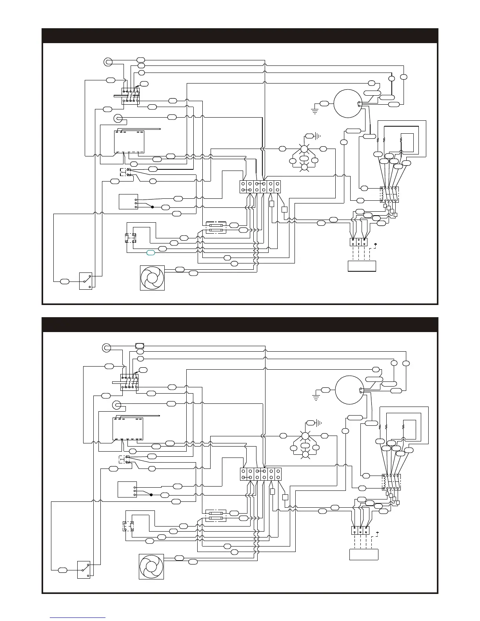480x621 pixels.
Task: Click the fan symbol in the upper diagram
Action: [152, 278]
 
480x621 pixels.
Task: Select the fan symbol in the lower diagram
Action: [151, 567]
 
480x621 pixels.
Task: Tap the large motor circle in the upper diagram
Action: [347, 103]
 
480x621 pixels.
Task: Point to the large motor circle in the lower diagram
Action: [349, 390]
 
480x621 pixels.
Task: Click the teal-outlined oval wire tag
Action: [151, 253]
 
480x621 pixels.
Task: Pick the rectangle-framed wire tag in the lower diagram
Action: [140, 346]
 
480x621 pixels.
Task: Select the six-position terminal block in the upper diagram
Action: [260, 187]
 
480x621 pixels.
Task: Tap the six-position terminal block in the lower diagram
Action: [261, 474]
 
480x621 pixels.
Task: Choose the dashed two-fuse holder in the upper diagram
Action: [216, 228]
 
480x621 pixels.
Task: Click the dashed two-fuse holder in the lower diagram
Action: [216, 516]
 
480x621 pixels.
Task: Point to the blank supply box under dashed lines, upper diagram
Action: [362, 266]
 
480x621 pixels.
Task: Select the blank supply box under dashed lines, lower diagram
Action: [364, 554]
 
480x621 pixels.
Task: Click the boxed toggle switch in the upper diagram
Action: [85, 281]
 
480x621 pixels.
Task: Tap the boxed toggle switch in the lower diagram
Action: [84, 570]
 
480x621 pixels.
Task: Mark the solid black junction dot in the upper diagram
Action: [153, 207]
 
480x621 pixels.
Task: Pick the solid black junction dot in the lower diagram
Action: [151, 495]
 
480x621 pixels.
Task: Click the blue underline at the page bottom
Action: [78, 617]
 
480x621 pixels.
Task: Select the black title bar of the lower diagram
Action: [240, 325]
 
